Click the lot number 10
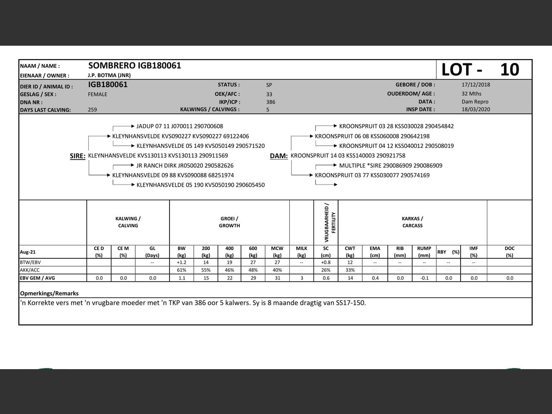509,69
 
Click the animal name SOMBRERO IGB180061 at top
135,66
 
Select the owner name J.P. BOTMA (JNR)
109,75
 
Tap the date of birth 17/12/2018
476,85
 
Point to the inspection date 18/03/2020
476,110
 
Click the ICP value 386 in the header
270,102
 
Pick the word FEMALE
97,94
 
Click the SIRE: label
78,156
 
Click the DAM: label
279,156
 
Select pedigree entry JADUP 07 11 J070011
179,126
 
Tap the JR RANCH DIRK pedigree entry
185,166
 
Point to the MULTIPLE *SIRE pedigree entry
390,166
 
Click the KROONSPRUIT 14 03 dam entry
348,156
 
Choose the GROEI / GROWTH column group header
229,222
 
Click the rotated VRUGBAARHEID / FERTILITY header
330,222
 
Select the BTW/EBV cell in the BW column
182,262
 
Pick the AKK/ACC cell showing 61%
182,270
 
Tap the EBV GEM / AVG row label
38,278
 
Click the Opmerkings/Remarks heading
49,293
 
